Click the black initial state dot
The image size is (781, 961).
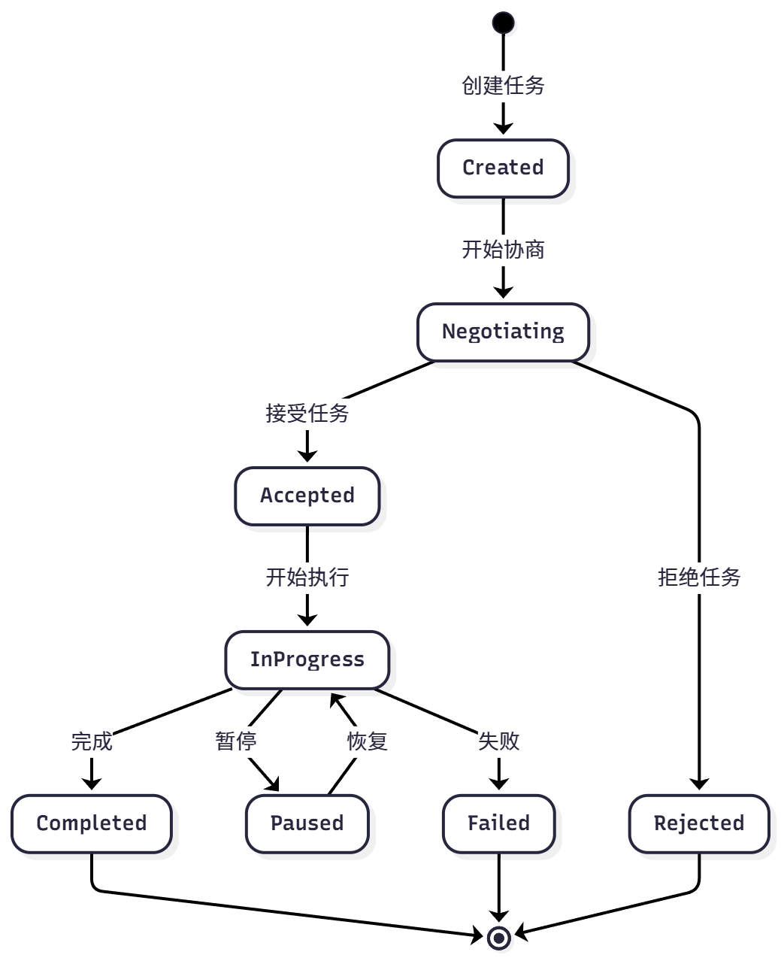pyautogui.click(x=503, y=23)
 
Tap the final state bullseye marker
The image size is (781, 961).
pyautogui.click(x=498, y=938)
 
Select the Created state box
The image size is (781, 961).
pyautogui.click(x=503, y=168)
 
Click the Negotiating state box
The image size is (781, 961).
pyautogui.click(x=503, y=332)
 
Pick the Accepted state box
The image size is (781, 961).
pyautogui.click(x=307, y=496)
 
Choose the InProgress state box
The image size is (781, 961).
pyautogui.click(x=307, y=659)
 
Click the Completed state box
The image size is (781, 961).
pyautogui.click(x=91, y=823)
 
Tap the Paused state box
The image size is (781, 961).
pyautogui.click(x=307, y=823)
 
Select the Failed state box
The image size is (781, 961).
pyautogui.click(x=498, y=823)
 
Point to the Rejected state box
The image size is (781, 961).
pyautogui.click(x=698, y=823)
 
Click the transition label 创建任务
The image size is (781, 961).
pyautogui.click(x=503, y=86)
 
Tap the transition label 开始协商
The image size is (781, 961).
pyautogui.click(x=503, y=250)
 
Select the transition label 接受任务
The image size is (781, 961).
pyautogui.click(x=307, y=414)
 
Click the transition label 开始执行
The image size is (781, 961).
pyautogui.click(x=307, y=578)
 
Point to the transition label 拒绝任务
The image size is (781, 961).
pyautogui.click(x=698, y=578)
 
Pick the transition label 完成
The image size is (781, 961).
pyautogui.click(x=91, y=741)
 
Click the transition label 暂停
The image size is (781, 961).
pyautogui.click(x=235, y=741)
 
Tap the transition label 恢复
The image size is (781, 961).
pyautogui.click(x=367, y=741)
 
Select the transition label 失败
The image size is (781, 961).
pyautogui.click(x=498, y=741)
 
